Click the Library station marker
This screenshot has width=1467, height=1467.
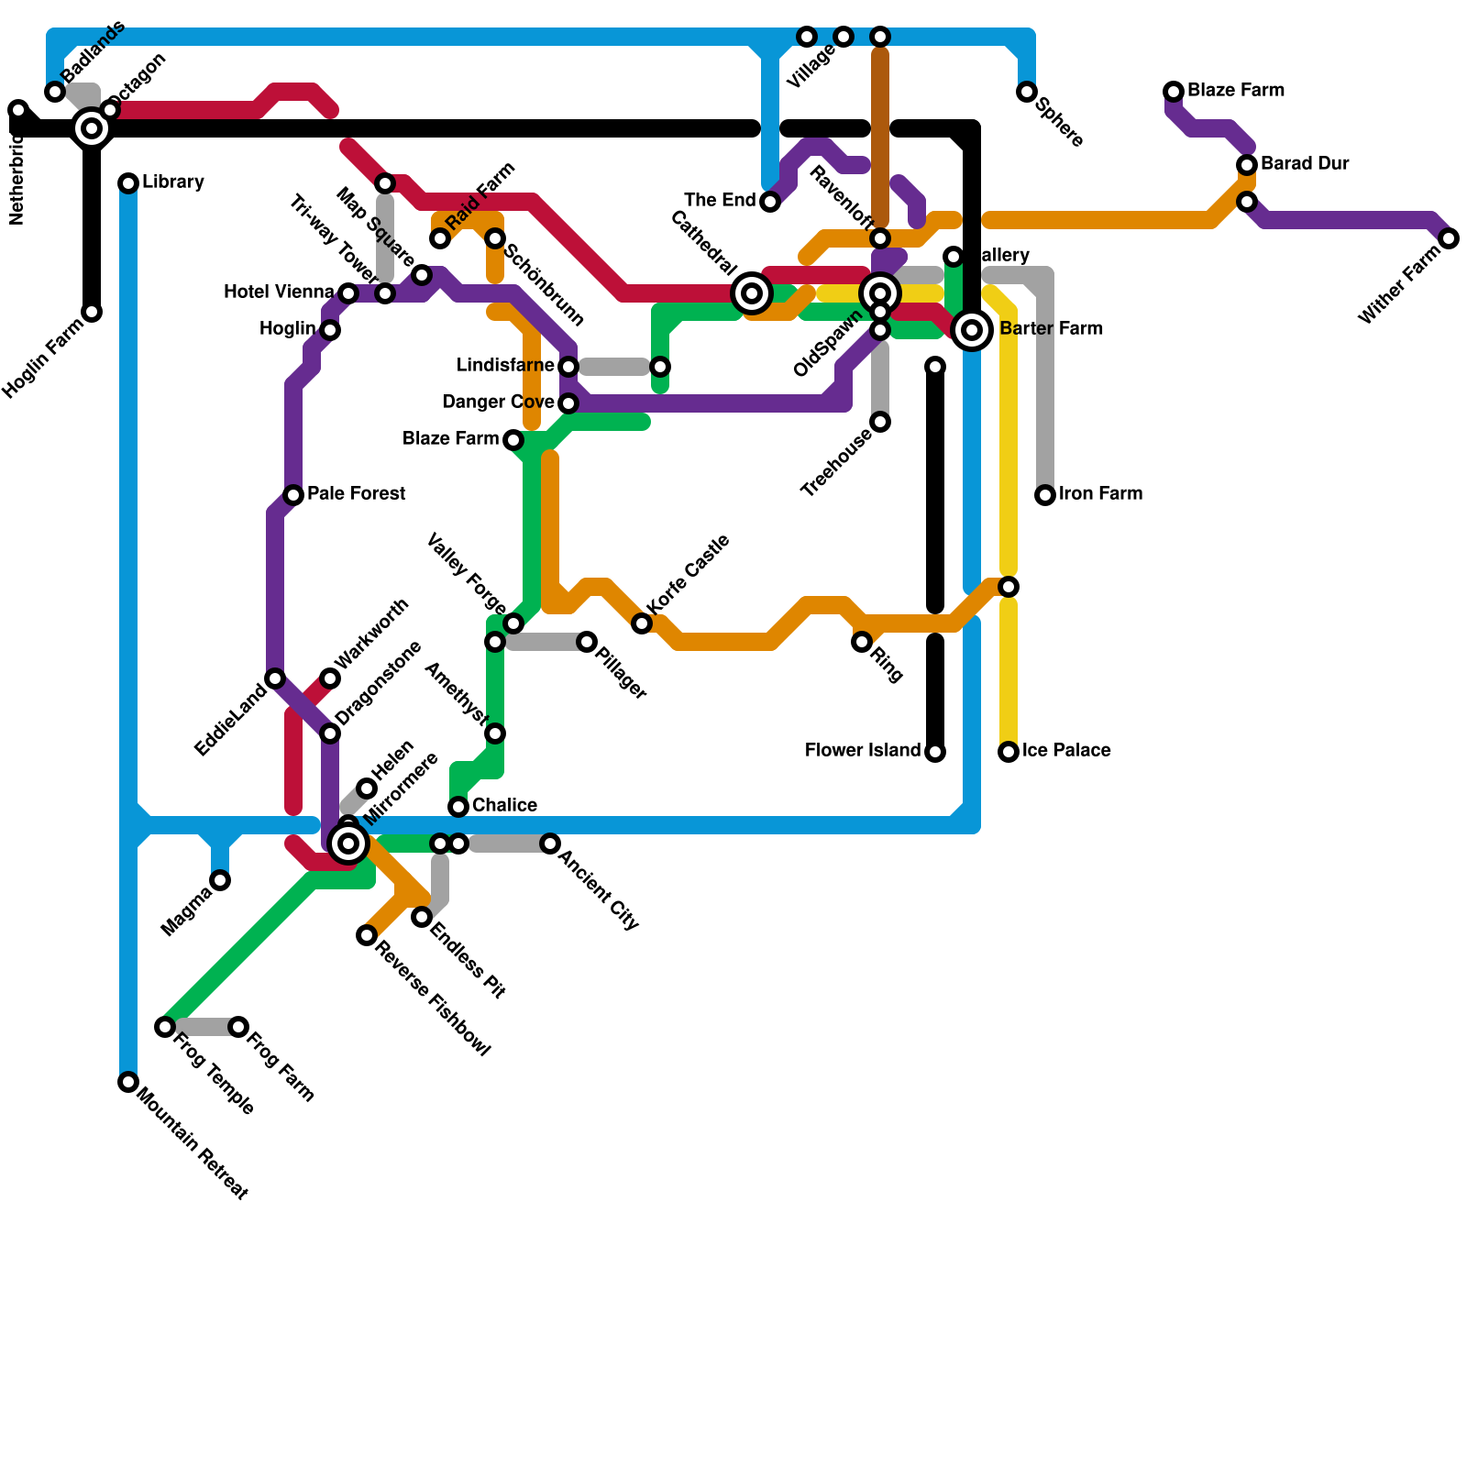tap(128, 183)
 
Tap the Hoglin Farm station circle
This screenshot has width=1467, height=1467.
tap(92, 312)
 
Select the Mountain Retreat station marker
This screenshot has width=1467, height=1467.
tap(128, 1082)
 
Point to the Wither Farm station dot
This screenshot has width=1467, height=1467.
tap(1449, 238)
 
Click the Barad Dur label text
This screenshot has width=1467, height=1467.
tap(1304, 164)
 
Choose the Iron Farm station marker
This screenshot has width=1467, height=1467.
tap(1045, 495)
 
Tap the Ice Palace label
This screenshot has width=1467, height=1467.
tap(1066, 751)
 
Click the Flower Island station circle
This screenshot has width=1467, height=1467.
tap(935, 752)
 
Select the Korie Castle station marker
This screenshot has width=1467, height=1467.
tap(642, 623)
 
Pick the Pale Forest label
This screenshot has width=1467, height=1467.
tap(356, 494)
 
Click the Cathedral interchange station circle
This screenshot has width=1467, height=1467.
tap(752, 293)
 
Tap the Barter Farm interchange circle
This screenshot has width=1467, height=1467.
tap(972, 330)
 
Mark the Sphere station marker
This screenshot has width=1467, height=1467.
tap(1027, 92)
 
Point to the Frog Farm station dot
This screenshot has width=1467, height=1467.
tap(238, 1027)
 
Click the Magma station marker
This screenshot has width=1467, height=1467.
tap(220, 880)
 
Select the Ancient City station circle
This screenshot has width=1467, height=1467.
tap(550, 844)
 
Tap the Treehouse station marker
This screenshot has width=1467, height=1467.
tap(880, 422)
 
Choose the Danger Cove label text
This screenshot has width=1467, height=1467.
tap(498, 403)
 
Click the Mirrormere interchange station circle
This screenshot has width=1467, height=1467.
tap(348, 844)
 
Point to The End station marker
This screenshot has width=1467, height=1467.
tap(770, 202)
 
